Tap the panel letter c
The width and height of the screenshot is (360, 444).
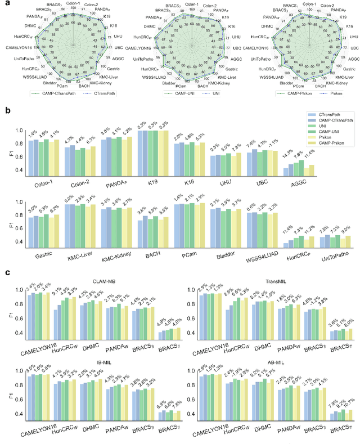pos(7,272)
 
